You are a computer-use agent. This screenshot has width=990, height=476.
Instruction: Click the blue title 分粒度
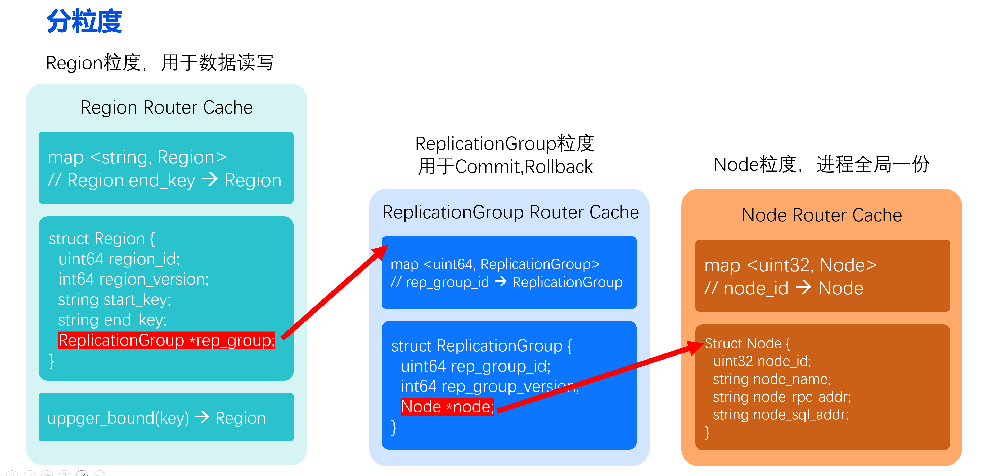pos(84,21)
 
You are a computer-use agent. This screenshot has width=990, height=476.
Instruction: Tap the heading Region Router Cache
pos(166,107)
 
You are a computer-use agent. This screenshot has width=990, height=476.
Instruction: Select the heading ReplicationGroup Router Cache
pos(510,212)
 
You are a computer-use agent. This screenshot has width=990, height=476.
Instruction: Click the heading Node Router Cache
pos(821,215)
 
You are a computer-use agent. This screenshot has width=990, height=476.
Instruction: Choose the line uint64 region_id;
pos(119,259)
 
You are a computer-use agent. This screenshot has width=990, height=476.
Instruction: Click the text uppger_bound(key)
pos(118,418)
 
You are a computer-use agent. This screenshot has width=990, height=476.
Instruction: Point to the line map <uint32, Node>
pos(790,265)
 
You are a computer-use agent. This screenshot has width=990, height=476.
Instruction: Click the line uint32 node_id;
pos(762,361)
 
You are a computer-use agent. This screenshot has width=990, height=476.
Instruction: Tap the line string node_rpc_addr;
pos(782,397)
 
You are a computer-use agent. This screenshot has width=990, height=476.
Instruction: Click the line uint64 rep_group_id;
pos(475,366)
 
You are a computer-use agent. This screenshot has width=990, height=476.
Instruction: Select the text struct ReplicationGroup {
pos(481,346)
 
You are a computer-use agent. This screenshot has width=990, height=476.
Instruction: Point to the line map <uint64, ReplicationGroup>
pos(495,264)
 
